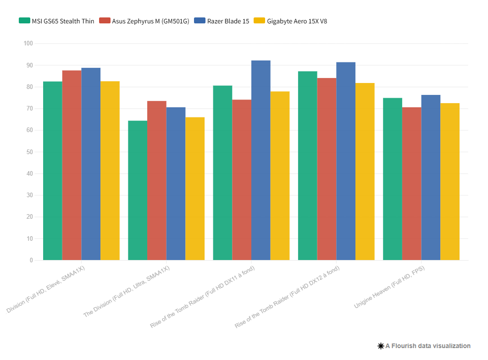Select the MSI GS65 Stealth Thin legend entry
click(x=57, y=21)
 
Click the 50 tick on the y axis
click(x=30, y=152)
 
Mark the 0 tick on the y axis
click(x=31, y=260)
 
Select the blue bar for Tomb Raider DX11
click(x=261, y=161)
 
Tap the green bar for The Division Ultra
click(x=138, y=190)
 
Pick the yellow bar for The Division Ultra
click(x=195, y=188)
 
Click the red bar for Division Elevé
click(x=72, y=165)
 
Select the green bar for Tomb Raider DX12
click(x=307, y=166)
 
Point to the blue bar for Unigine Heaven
click(x=431, y=177)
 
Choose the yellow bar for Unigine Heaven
click(x=450, y=182)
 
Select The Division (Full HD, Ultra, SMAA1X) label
click(x=127, y=291)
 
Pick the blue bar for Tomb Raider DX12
click(x=346, y=161)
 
